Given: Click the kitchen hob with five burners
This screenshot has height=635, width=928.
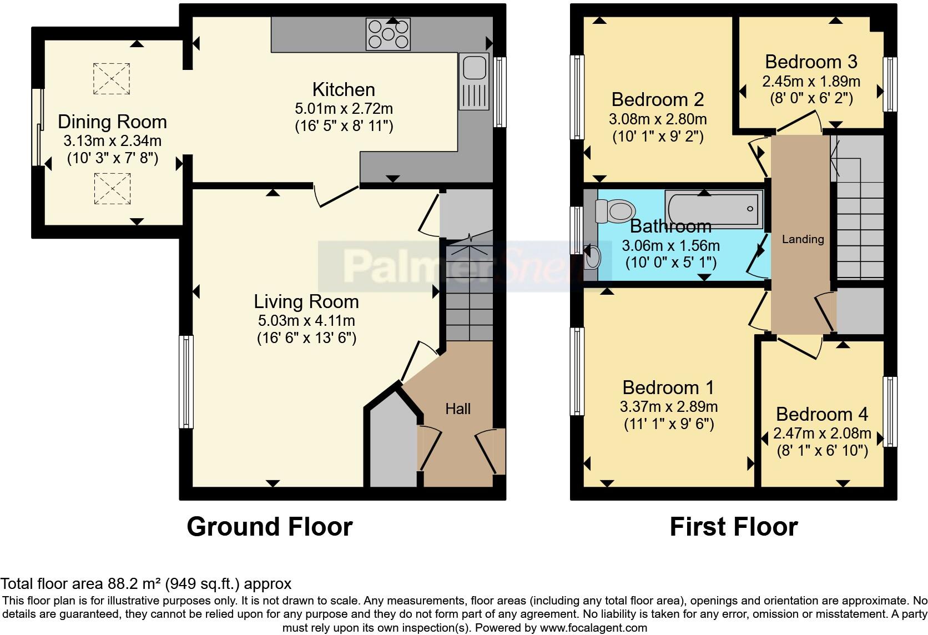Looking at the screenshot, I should tap(388, 34).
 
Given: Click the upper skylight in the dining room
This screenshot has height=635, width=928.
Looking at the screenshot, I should tap(112, 78).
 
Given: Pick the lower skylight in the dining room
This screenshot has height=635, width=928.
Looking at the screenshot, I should tap(112, 188).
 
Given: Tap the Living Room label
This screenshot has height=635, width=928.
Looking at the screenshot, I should tap(306, 302).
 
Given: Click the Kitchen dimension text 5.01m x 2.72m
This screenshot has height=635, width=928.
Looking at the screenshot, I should tap(344, 108).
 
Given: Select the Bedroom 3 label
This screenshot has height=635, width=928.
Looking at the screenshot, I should tap(811, 62).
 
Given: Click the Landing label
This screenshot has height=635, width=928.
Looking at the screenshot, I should tap(803, 239).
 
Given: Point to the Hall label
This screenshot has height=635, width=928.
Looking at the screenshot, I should tap(458, 409).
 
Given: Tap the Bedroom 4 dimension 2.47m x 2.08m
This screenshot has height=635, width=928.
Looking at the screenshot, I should tap(822, 434).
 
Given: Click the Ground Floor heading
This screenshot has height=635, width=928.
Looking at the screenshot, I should tap(269, 526).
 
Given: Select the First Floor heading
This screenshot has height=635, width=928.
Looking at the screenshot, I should tap(733, 526).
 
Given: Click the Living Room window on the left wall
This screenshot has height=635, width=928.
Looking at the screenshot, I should tap(186, 381).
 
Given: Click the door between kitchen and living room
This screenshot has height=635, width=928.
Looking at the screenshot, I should tap(337, 195).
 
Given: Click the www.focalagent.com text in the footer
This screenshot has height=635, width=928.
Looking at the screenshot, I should tap(593, 628).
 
